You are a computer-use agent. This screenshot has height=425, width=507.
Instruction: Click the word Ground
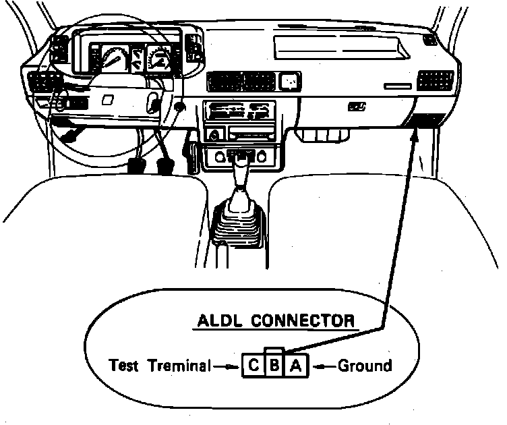tap(364, 366)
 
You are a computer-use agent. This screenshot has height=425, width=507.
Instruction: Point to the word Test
tap(123, 366)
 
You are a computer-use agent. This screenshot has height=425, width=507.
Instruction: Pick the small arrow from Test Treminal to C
tap(227, 367)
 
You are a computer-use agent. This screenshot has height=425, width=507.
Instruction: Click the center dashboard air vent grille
tap(241, 82)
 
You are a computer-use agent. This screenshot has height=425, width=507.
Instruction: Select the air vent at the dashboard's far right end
tap(435, 80)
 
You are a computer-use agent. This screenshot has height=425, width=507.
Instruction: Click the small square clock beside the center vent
tap(291, 82)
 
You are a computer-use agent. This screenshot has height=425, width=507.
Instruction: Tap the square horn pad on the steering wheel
tap(107, 98)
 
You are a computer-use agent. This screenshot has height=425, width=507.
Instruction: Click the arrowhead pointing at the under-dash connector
tap(417, 130)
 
